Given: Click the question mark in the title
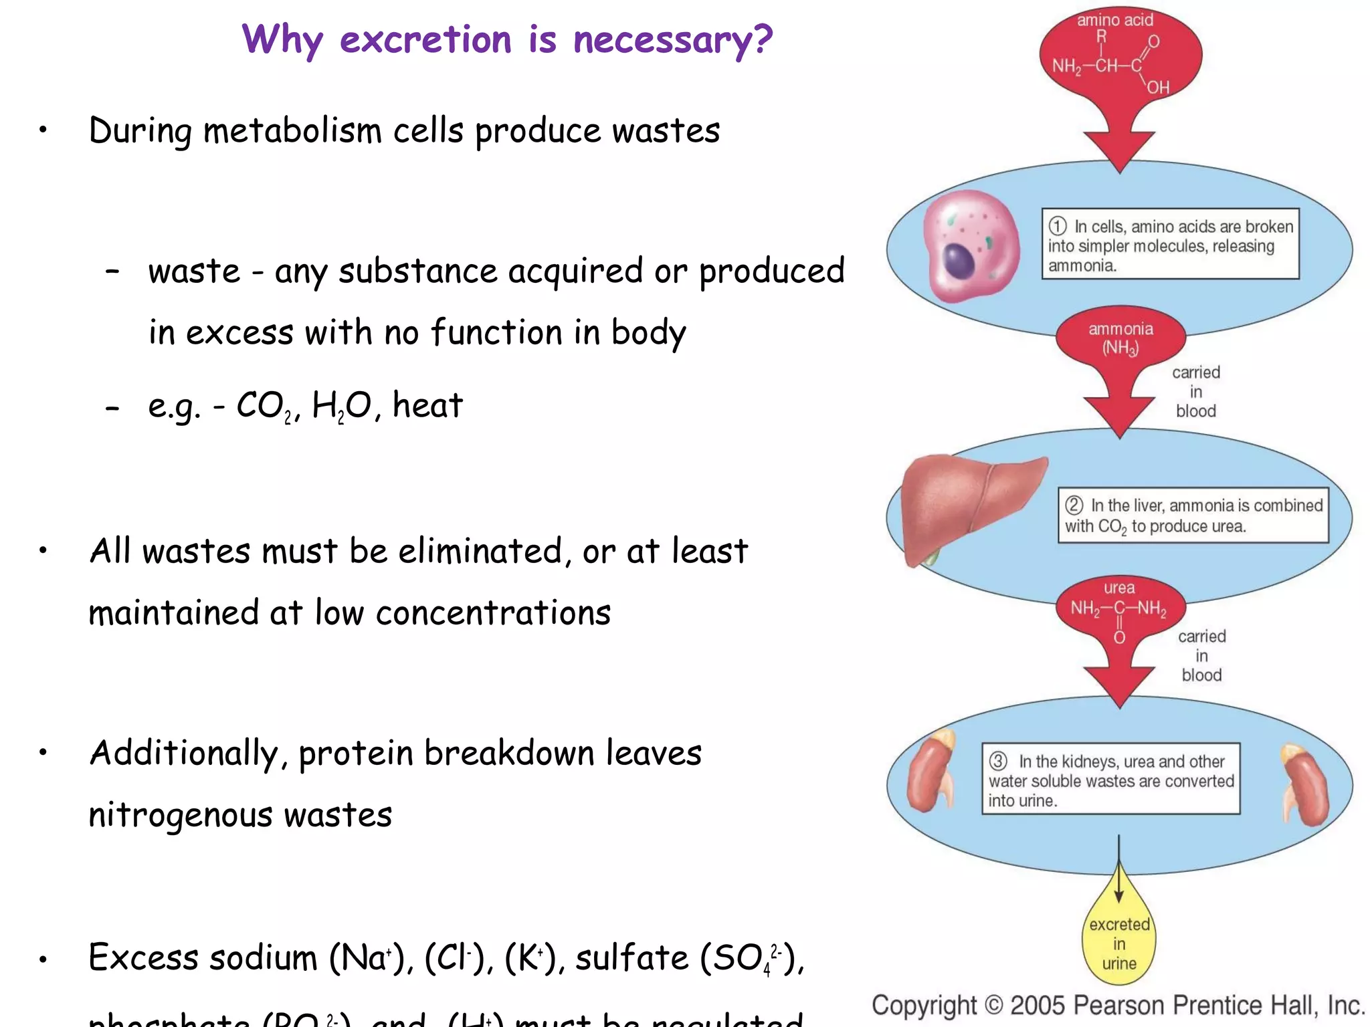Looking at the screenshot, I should (x=761, y=39).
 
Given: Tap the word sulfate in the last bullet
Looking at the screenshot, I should (x=631, y=957).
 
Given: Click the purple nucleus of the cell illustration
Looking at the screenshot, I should (x=959, y=261).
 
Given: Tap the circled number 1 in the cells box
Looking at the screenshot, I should (x=1058, y=226).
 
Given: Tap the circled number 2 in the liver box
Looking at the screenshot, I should (x=1074, y=505).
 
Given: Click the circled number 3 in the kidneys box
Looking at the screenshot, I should (x=998, y=761).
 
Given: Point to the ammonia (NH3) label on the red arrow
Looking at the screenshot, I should (x=1120, y=338).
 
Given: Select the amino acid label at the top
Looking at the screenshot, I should (x=1115, y=20).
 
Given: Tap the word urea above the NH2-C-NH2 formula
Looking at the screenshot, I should (x=1119, y=588).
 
